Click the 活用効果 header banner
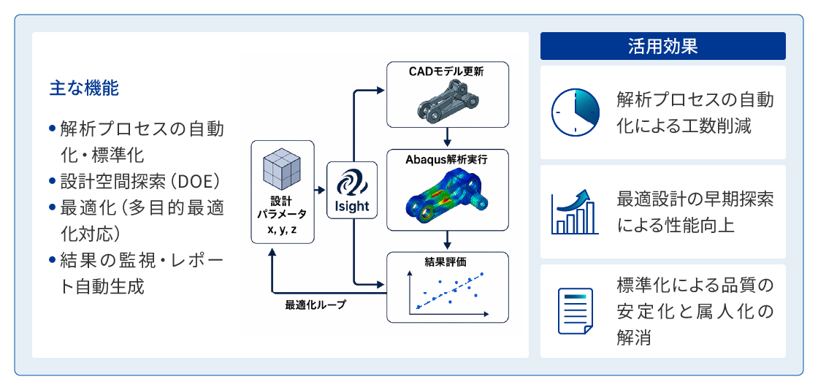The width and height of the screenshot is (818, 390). pyautogui.click(x=662, y=46)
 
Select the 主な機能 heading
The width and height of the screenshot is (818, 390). pyautogui.click(x=85, y=88)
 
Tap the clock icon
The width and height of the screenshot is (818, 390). pyautogui.click(x=576, y=112)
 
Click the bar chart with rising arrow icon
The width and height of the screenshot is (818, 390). pyautogui.click(x=575, y=212)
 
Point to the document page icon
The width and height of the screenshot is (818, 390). pyautogui.click(x=576, y=310)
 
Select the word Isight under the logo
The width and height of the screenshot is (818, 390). pyautogui.click(x=352, y=206)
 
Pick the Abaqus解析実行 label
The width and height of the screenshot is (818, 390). pyautogui.click(x=446, y=159)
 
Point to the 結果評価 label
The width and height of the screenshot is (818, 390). pyautogui.click(x=447, y=260)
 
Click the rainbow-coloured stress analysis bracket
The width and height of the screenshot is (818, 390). pyautogui.click(x=446, y=197)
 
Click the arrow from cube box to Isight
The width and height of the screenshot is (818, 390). pyautogui.click(x=321, y=191)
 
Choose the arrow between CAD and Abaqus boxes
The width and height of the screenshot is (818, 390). pyautogui.click(x=447, y=138)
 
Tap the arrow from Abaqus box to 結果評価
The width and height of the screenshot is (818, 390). pyautogui.click(x=447, y=240)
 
